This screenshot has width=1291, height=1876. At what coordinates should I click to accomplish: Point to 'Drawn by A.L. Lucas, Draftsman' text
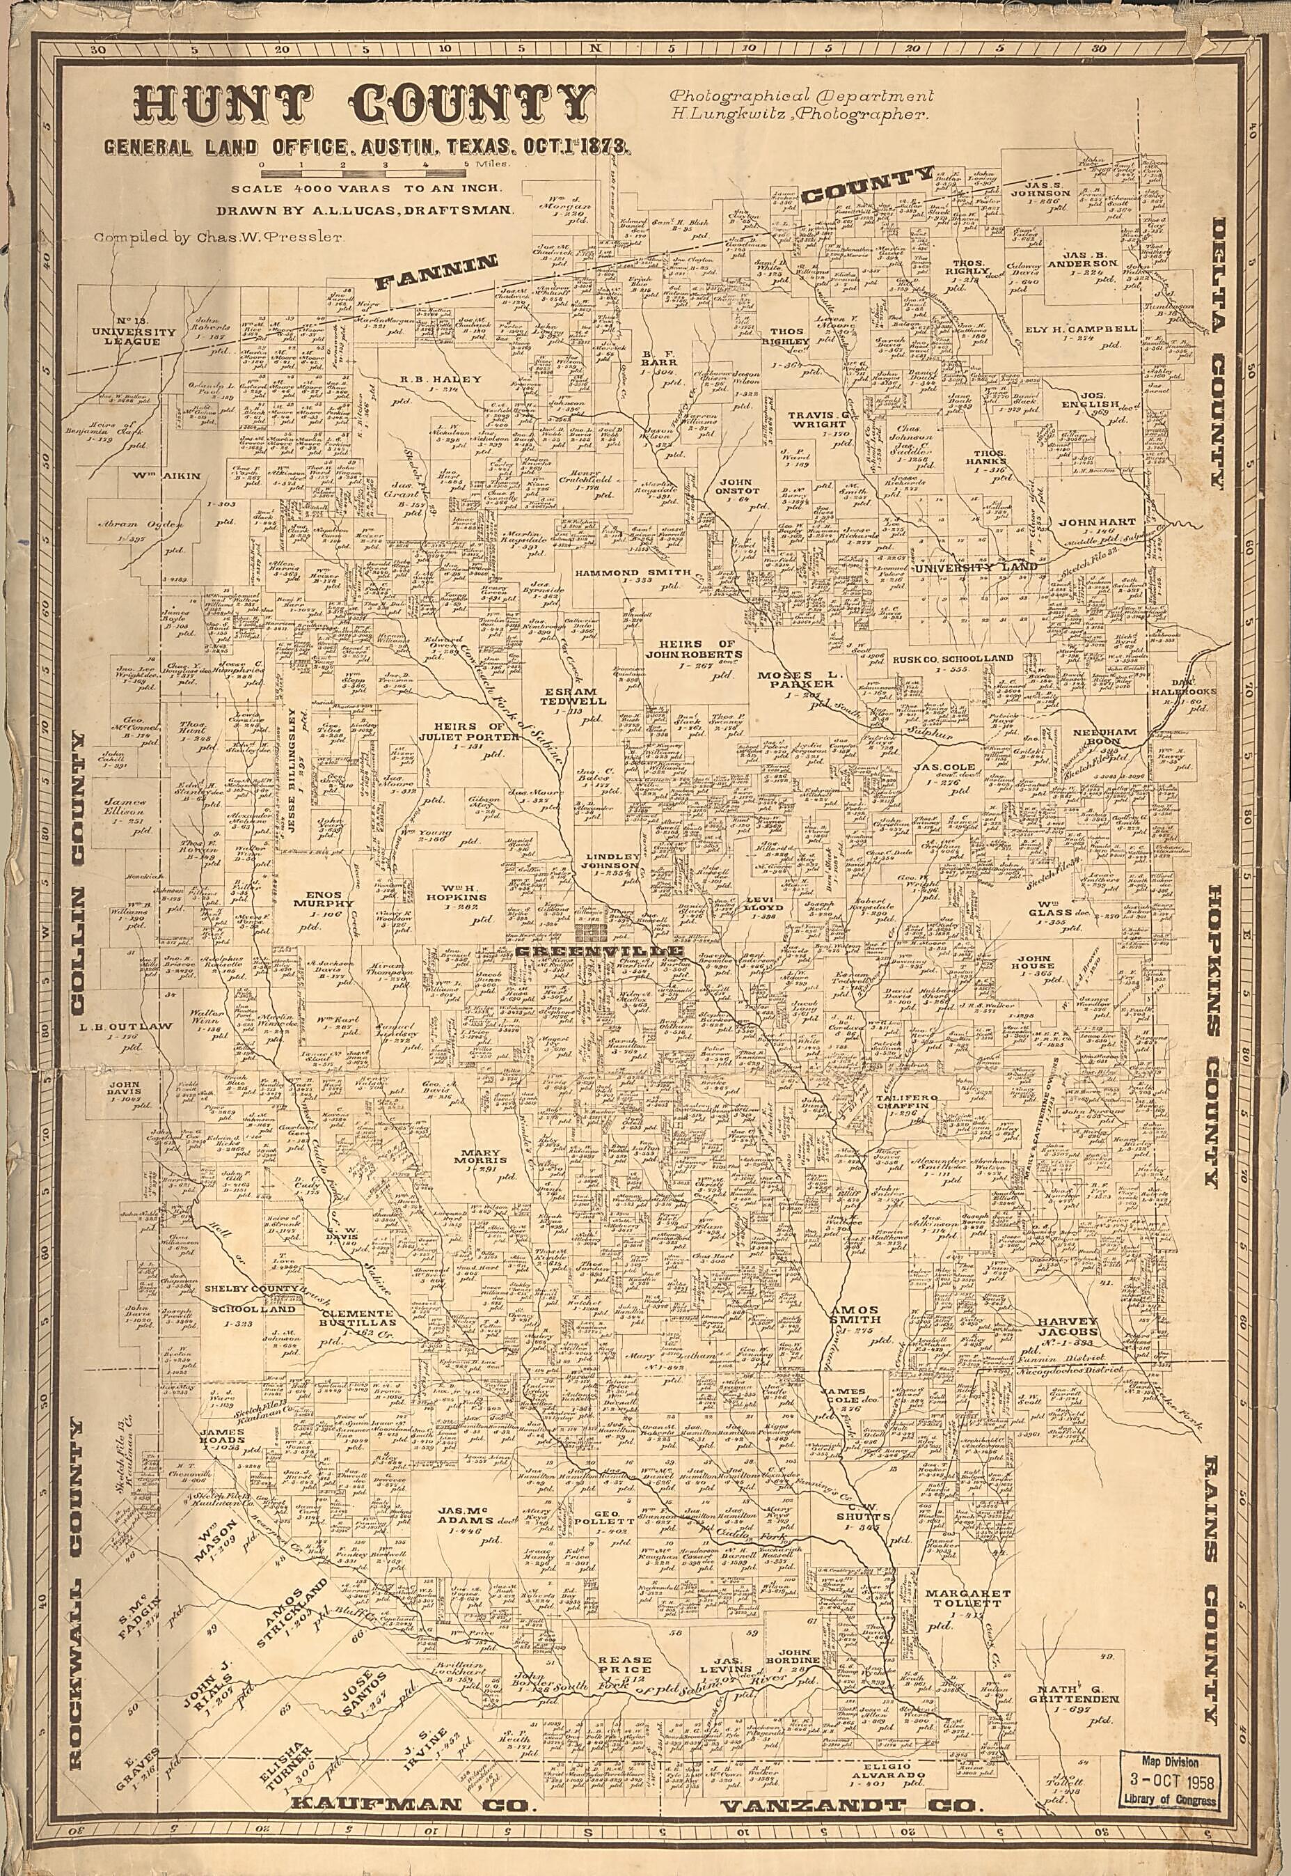363,210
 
